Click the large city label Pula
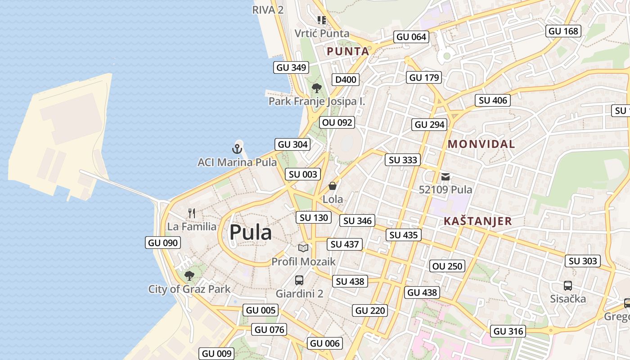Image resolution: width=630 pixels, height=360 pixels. (x=250, y=233)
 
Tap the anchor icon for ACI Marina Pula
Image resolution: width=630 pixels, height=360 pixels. (x=237, y=148)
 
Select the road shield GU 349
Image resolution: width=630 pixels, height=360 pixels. (x=291, y=67)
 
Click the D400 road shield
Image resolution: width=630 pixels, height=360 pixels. (x=346, y=80)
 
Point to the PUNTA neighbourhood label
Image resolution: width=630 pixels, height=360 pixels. (x=348, y=51)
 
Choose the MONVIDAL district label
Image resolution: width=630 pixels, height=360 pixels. (x=481, y=144)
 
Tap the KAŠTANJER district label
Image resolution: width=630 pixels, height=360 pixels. (x=477, y=221)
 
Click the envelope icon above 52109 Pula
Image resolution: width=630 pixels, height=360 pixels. (x=445, y=177)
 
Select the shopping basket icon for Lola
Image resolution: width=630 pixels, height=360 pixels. (x=333, y=186)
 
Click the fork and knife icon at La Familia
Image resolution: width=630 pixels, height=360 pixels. (x=192, y=213)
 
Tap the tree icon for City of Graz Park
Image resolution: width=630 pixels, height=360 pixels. (x=189, y=275)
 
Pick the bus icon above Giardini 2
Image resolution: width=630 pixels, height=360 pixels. (x=299, y=280)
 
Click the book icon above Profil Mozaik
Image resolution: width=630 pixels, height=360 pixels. (x=304, y=248)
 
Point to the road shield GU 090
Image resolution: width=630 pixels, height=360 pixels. (x=163, y=243)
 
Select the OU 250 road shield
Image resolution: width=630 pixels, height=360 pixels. (x=447, y=266)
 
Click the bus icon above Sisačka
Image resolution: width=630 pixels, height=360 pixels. (x=568, y=285)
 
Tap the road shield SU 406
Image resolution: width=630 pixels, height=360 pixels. (x=493, y=100)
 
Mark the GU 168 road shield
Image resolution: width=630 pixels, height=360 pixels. (x=563, y=31)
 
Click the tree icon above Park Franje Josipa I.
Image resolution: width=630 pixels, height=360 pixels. (x=317, y=88)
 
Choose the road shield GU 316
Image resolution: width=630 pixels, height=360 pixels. (x=508, y=331)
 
